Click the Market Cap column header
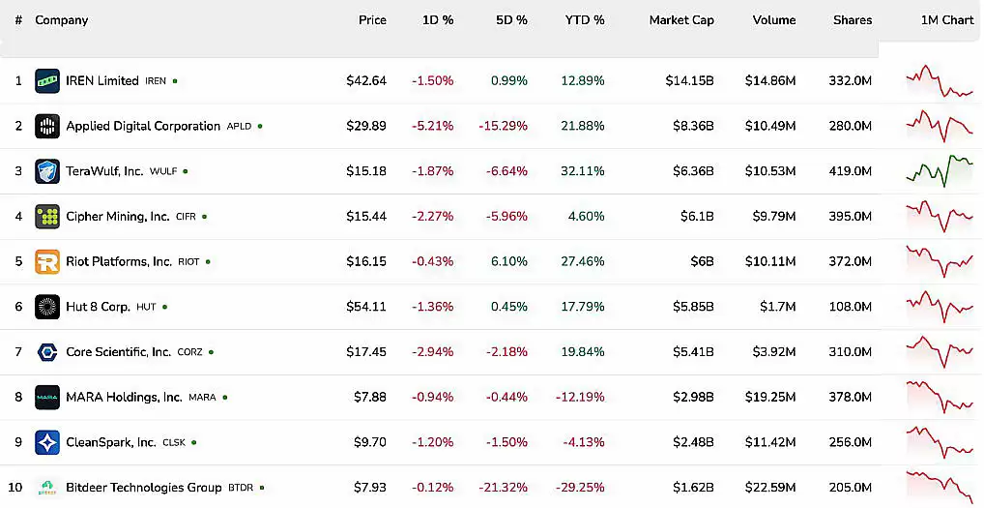(680, 20)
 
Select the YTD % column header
(585, 20)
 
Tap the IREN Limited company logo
(47, 81)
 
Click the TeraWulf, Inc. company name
(104, 171)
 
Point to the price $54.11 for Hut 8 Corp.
(366, 307)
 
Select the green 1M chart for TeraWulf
(939, 170)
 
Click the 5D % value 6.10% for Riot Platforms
(508, 261)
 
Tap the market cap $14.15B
(689, 81)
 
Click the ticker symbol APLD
(239, 127)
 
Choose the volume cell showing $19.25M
(770, 397)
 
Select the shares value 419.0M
(850, 171)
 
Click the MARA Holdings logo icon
(47, 397)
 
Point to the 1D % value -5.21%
(432, 126)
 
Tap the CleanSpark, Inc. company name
(110, 442)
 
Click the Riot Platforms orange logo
(47, 261)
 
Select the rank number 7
(18, 352)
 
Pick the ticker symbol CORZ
(189, 352)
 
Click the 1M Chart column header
(946, 20)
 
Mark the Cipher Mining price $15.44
(366, 217)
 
